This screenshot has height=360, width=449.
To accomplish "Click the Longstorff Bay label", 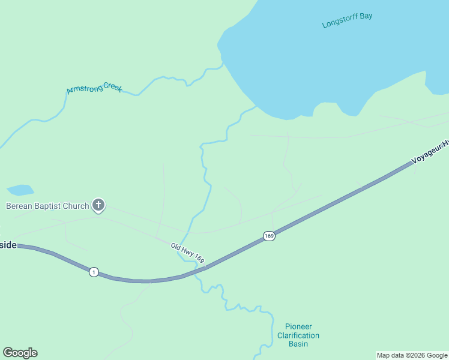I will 347,20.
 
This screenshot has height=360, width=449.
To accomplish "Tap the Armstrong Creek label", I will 94,88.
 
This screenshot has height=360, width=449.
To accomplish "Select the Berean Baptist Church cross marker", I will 98,206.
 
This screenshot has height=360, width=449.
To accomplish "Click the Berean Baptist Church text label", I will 47,206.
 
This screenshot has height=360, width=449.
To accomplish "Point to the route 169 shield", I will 269,236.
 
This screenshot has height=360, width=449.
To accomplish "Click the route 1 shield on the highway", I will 94,272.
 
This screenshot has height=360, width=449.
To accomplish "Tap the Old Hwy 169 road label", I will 188,252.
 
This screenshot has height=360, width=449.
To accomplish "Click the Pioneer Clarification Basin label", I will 298,335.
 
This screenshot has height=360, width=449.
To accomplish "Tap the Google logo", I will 20,353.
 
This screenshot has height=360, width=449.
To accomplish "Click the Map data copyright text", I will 412,355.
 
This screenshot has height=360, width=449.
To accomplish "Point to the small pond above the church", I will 20,190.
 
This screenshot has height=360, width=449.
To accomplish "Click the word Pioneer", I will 298,327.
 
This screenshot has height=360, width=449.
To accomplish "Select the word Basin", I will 298,344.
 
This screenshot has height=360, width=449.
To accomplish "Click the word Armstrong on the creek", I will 83,89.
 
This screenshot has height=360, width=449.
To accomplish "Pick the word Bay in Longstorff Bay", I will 366,16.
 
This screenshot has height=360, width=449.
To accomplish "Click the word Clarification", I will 298,335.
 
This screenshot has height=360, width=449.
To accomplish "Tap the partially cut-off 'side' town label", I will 8,245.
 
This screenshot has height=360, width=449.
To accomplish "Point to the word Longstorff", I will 339,22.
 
